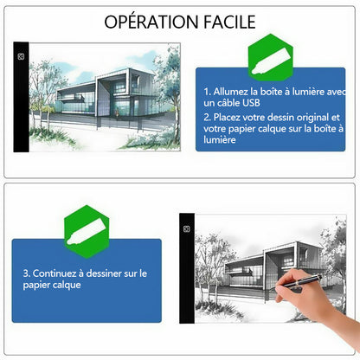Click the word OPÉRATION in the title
pyautogui.click(x=151, y=22)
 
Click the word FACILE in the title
pyautogui.click(x=230, y=22)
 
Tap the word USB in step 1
pyautogui.click(x=251, y=103)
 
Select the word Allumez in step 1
pyautogui.click(x=231, y=92)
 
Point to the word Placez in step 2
pyautogui.click(x=227, y=117)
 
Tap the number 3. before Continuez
pyautogui.click(x=27, y=273)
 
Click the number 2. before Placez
pyautogui.click(x=208, y=117)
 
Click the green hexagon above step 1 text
pyautogui.click(x=271, y=56)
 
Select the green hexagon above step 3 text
pyautogui.click(x=87, y=231)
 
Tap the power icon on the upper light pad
pyautogui.click(x=21, y=56)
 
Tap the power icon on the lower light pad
pyautogui.click(x=187, y=229)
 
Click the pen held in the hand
pyautogui.click(x=299, y=281)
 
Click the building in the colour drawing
pyautogui.click(x=106, y=95)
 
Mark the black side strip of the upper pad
pyautogui.click(x=21, y=97)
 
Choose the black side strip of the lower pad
pyautogui.click(x=187, y=268)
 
